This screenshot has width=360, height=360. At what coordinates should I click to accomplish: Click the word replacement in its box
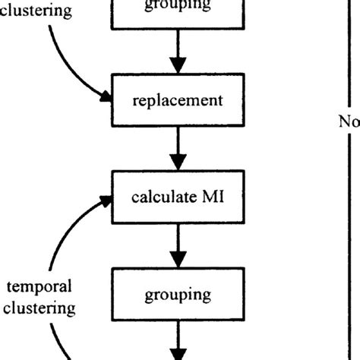click(x=178, y=99)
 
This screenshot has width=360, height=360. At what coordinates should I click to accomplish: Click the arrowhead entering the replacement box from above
click(x=178, y=66)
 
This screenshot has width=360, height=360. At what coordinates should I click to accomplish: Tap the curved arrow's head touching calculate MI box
click(x=105, y=200)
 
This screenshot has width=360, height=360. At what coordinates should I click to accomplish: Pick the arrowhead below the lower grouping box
click(x=178, y=354)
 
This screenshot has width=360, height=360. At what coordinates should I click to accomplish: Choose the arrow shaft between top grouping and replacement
click(x=178, y=44)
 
